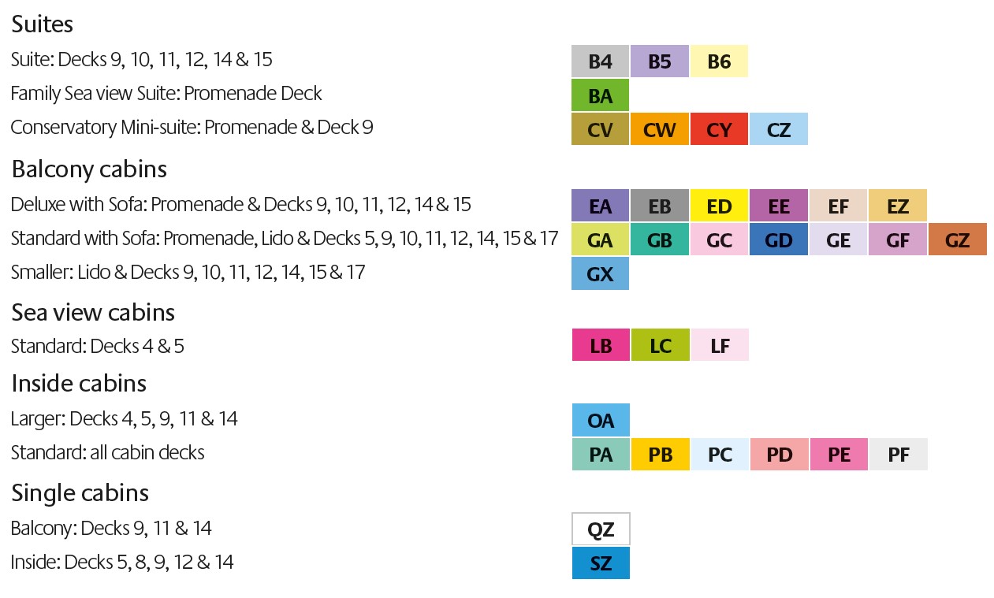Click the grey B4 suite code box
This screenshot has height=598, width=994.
(600, 61)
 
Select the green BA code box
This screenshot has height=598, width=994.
(600, 95)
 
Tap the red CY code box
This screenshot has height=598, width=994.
(719, 129)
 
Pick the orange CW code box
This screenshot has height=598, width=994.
(659, 129)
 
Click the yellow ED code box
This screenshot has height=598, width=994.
(719, 206)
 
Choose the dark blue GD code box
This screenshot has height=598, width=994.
(779, 240)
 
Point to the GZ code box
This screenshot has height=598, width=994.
(957, 240)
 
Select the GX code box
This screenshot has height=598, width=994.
(600, 273)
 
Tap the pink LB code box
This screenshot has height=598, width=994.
(600, 345)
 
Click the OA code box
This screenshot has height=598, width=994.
(600, 420)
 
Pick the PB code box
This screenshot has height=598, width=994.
(660, 455)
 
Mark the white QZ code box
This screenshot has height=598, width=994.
(600, 529)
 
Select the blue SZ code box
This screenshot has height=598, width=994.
(600, 563)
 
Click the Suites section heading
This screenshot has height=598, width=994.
(43, 24)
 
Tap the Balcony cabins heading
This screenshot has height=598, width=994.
(89, 169)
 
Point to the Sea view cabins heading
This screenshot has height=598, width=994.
(93, 312)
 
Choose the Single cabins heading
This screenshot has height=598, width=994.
(80, 492)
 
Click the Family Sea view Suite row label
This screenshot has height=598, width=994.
(166, 94)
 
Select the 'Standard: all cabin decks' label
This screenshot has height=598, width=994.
(108, 453)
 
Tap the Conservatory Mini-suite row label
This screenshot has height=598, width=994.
(192, 128)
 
